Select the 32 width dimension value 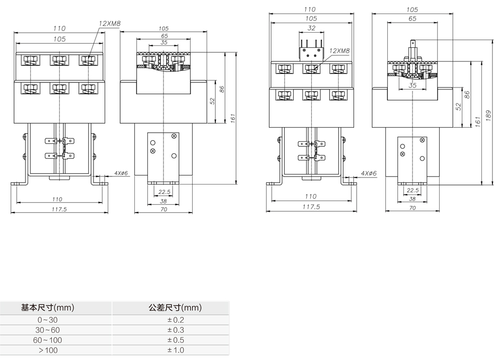(x=311, y=28)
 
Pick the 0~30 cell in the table (x=48, y=320)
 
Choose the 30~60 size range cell (x=48, y=330)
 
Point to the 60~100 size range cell (x=48, y=340)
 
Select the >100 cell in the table (x=48, y=350)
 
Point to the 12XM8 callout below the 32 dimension (x=340, y=51)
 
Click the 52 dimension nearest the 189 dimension (x=459, y=107)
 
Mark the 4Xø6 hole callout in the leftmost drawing (x=121, y=173)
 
